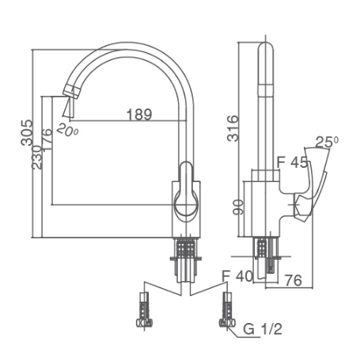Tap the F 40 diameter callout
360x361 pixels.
tap(237, 276)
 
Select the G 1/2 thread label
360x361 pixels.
tap(263, 328)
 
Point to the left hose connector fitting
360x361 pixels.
tap(143, 310)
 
